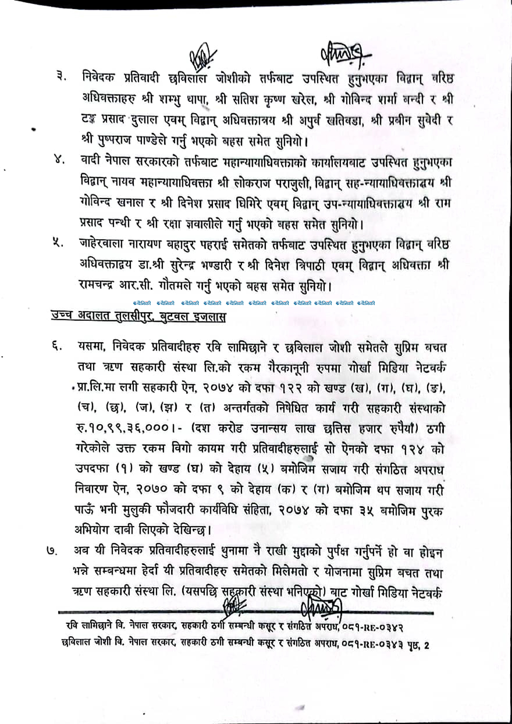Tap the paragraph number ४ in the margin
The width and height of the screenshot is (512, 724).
59,160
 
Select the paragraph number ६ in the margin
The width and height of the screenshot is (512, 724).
57,348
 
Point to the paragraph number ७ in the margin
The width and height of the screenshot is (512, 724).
52,551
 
